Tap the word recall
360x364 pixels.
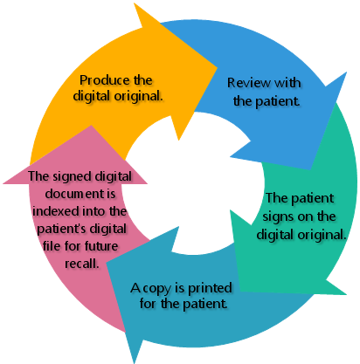tap(82, 264)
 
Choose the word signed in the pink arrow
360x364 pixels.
tap(73, 177)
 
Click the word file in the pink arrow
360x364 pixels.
tap(52, 246)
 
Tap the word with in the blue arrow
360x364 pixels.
tap(287, 83)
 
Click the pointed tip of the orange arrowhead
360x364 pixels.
tap(218, 68)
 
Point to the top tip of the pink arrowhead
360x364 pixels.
tap(91, 126)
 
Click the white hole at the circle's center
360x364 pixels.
tap(192, 183)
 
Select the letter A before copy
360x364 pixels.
tap(135, 288)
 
